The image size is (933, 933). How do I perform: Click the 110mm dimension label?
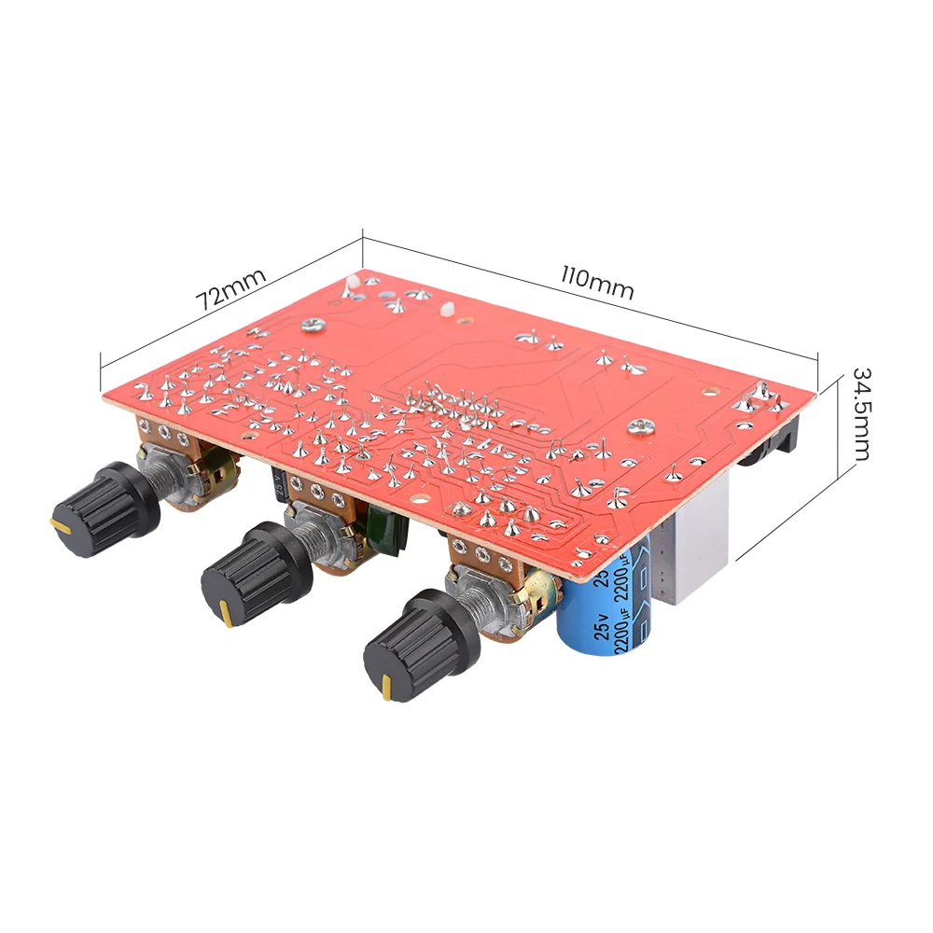click(597, 282)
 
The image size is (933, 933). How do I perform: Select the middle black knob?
click(256, 574)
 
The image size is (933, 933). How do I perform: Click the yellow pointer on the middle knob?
click(226, 613)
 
